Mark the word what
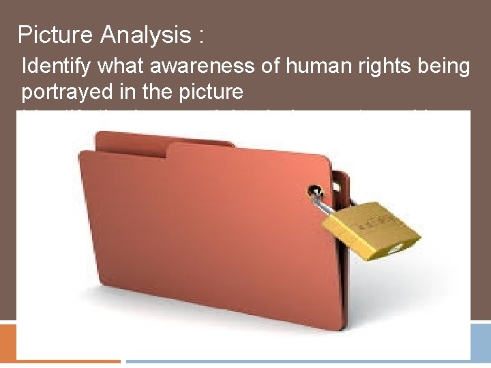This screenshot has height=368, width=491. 127,67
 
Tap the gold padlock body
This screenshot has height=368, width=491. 372,228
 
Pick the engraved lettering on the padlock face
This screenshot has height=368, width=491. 374,220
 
